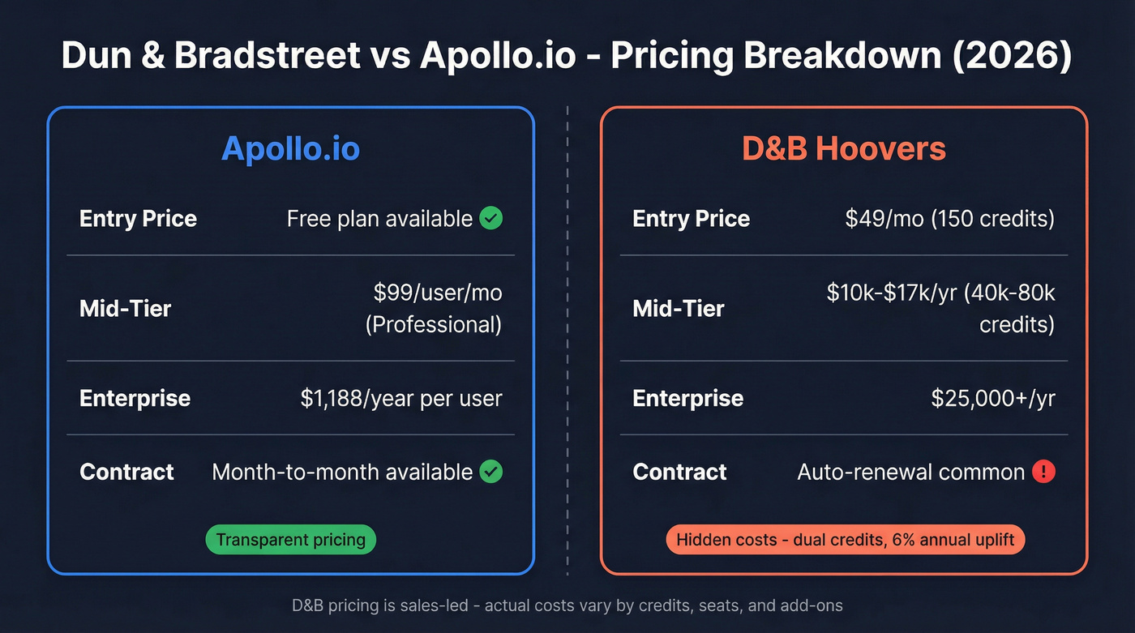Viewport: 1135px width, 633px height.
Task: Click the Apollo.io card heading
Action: click(x=290, y=149)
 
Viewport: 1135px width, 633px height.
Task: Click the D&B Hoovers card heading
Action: click(x=844, y=149)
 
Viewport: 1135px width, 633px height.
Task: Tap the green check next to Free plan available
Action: click(x=490, y=218)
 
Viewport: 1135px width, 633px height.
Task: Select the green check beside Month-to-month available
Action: click(x=490, y=472)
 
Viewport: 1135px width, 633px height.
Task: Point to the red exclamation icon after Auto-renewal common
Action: click(x=1043, y=472)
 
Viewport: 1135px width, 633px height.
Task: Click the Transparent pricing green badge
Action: click(x=290, y=540)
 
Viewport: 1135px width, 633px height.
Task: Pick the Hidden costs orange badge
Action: click(x=845, y=540)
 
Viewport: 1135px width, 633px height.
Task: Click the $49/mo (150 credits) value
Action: click(x=949, y=219)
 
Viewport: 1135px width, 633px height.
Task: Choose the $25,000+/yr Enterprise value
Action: click(x=992, y=398)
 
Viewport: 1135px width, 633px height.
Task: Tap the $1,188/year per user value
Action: click(x=400, y=398)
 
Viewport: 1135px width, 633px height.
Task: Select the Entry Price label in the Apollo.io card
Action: click(x=138, y=219)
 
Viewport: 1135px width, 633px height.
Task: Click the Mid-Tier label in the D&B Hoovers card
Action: click(x=678, y=308)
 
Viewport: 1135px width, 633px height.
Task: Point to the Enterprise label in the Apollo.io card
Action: click(x=135, y=398)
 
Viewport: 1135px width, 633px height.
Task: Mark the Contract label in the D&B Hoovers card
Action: click(x=679, y=472)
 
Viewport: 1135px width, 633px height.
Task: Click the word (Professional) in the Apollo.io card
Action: click(x=433, y=324)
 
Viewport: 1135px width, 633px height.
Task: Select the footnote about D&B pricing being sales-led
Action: click(x=567, y=605)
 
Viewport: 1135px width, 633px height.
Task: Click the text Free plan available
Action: click(x=379, y=219)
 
